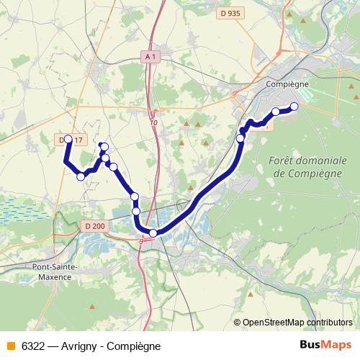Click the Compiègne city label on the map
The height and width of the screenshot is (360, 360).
tap(287, 84)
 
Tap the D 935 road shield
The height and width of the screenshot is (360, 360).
tap(230, 13)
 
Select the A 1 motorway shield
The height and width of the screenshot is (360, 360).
tap(150, 56)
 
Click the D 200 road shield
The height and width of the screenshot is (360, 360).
tap(94, 226)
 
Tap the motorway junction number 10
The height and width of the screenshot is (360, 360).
tap(153, 123)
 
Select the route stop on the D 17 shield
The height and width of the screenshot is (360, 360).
tap(68, 139)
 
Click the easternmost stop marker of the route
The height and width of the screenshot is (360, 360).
tap(294, 108)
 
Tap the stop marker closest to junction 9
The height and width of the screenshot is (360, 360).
tap(153, 233)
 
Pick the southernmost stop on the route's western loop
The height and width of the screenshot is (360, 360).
tap(81, 176)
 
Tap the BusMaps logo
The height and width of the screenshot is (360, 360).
tap(325, 345)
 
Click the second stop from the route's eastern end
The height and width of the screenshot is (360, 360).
tap(276, 112)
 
